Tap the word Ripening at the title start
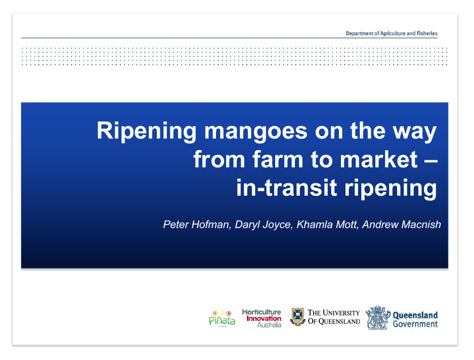[147, 131]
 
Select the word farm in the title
[278, 159]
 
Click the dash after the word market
[430, 160]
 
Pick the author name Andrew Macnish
[402, 224]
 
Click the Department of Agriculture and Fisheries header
[392, 33]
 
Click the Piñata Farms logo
[222, 319]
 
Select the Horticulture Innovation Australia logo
[262, 319]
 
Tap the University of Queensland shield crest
[297, 317]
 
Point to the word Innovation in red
[264, 319]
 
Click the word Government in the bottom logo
[415, 324]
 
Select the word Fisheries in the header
[427, 33]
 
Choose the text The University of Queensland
[334, 317]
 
